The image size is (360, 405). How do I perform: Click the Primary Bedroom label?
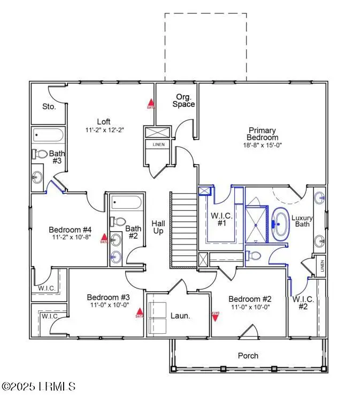tap(262, 134)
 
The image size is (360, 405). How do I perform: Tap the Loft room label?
tap(104, 121)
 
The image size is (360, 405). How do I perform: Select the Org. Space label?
tap(183, 101)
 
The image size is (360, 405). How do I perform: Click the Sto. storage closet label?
tap(49, 106)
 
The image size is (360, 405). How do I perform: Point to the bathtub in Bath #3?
tap(48, 134)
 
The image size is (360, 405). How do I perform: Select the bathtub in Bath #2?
tap(127, 203)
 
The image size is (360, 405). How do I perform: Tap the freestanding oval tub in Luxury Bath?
tap(280, 224)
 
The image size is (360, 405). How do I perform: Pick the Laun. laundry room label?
tap(180, 316)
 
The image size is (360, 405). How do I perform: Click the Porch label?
tap(248, 355)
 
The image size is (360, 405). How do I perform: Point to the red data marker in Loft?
tap(151, 103)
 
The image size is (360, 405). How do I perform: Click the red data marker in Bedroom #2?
tap(216, 316)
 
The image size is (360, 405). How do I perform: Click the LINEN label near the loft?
tap(159, 144)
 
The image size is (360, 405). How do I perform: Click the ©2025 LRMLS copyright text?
tap(39, 386)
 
